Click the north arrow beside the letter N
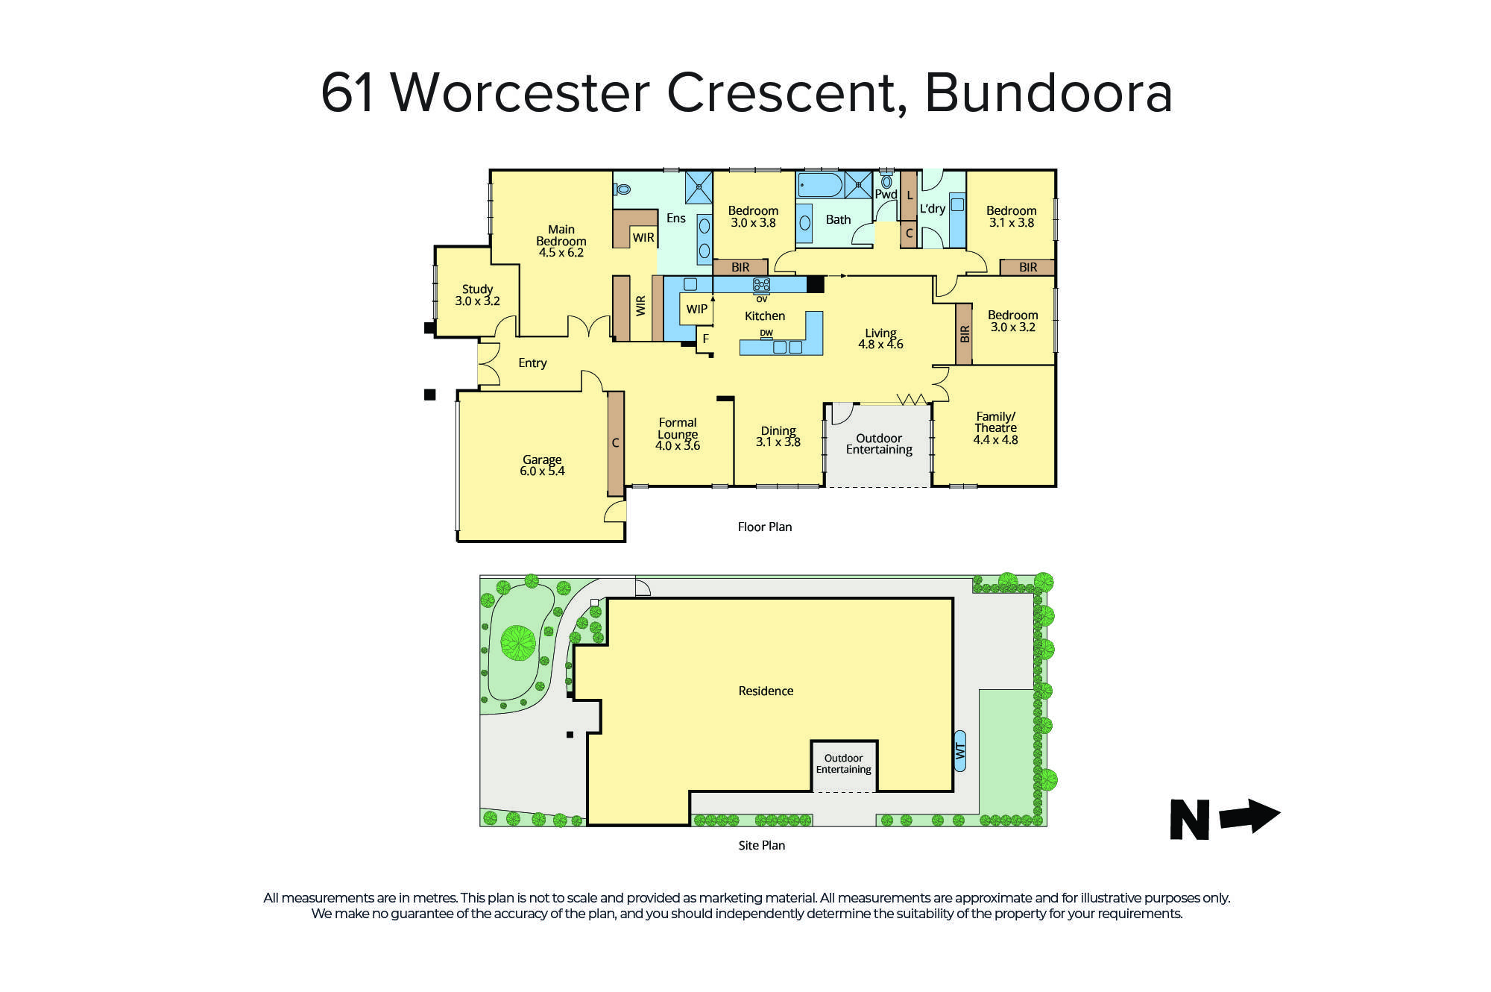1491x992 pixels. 1250,816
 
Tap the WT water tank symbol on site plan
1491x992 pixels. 960,750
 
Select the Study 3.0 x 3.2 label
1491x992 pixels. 477,295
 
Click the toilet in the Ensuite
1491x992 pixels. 622,189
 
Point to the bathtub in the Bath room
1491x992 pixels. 820,185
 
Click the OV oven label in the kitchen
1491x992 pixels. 761,299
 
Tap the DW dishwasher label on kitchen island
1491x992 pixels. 766,333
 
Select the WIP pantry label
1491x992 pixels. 697,309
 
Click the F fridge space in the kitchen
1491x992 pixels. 705,339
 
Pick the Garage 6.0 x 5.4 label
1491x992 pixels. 542,465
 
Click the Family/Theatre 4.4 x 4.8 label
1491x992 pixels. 995,428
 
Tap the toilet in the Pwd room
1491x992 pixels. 886,181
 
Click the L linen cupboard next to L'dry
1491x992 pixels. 909,195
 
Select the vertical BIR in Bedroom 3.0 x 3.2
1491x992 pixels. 964,333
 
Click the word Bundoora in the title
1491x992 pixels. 1048,93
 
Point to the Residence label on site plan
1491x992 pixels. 766,691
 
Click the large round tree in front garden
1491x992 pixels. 517,642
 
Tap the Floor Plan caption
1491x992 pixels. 764,527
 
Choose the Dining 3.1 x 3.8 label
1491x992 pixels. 778,436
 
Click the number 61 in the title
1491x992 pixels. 347,93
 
